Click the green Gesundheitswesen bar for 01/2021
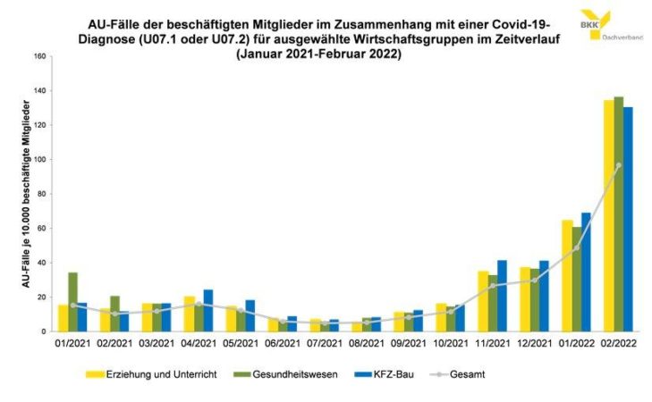coord(72,302)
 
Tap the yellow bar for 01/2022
coord(566,275)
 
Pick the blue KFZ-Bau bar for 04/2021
coord(207,310)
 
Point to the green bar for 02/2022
coord(618,214)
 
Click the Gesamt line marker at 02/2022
coord(618,165)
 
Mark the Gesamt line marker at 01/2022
coord(576,247)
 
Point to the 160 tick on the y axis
coord(39,56)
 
